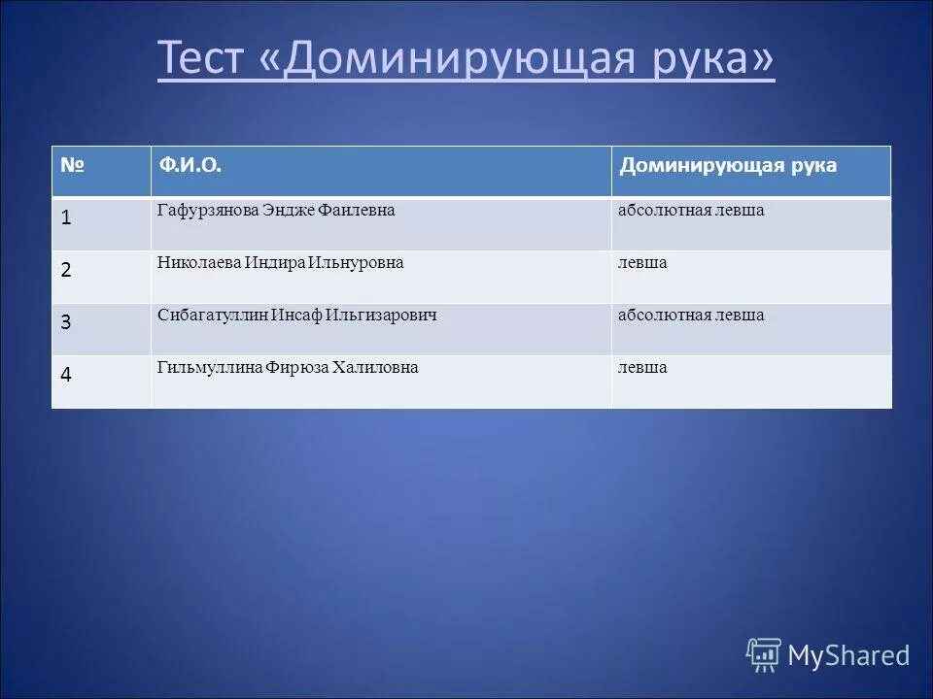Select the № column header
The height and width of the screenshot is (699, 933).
72,166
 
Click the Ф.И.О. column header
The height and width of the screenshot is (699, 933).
191,166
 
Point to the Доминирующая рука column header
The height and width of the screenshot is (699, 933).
728,166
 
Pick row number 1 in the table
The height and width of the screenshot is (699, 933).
66,218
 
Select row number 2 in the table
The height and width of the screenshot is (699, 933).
66,271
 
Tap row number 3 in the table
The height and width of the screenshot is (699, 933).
66,323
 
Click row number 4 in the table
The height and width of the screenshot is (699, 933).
66,376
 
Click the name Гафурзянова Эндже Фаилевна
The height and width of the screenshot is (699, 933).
276,211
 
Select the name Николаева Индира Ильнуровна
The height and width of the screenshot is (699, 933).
280,263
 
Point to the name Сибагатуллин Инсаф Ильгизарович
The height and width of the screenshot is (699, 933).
297,316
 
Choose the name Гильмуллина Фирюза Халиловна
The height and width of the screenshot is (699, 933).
288,368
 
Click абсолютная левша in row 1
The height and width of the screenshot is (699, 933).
691,211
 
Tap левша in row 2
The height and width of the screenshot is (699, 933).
642,263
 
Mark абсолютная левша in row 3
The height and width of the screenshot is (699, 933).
691,316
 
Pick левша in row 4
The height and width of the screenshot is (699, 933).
642,368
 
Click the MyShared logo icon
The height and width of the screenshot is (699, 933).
764,655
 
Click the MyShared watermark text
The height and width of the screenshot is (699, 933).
848,656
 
